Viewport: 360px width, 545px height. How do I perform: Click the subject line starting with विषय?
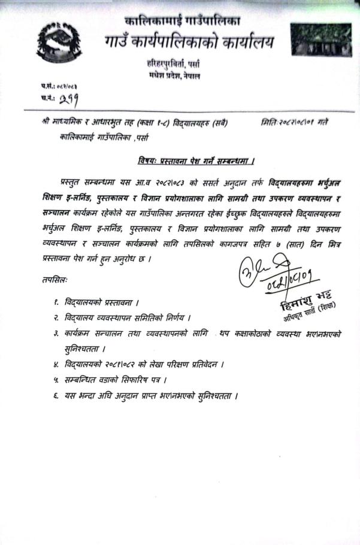(193, 161)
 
